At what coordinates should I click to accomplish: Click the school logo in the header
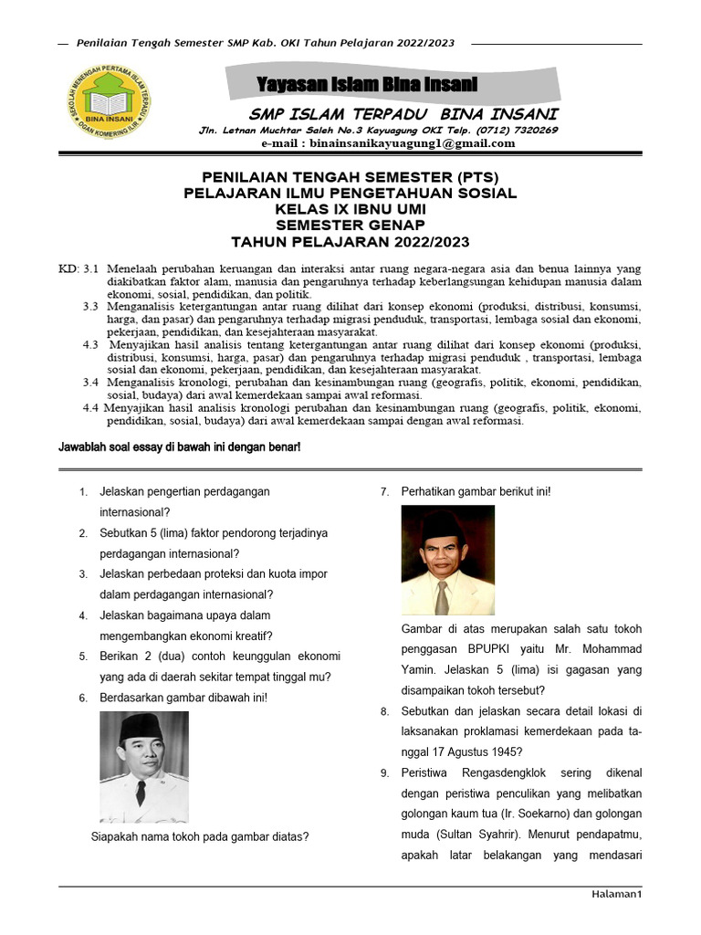point(109,108)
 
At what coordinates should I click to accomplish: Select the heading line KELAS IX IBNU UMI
point(350,209)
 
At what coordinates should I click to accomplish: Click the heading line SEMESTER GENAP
point(350,225)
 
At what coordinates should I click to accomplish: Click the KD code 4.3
point(90,345)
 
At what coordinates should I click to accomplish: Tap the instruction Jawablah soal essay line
point(180,448)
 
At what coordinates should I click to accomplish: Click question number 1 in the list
point(83,492)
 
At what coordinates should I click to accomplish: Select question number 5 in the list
point(83,657)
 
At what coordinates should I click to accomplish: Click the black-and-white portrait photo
point(143,767)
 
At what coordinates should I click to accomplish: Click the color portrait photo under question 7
point(447,560)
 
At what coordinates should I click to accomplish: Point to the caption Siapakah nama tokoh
point(200,835)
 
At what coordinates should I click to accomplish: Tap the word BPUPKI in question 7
point(487,649)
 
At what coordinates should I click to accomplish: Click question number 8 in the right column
point(385,711)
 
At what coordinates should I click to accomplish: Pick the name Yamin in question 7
point(419,669)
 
